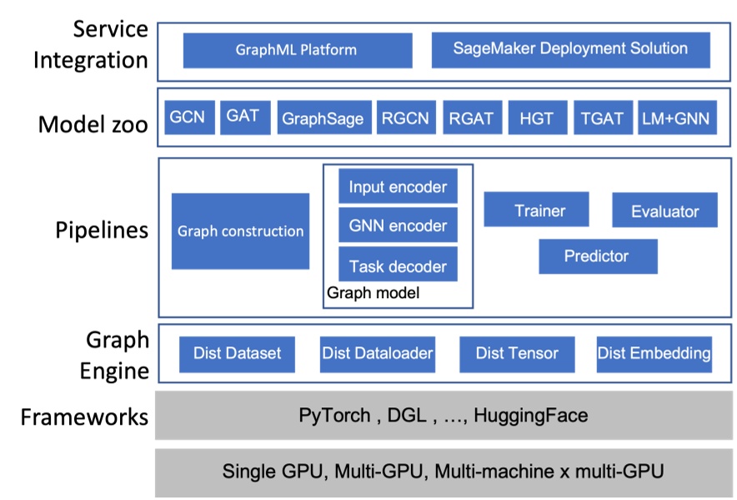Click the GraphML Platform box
pos(297,50)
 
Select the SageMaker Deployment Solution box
pos(570,50)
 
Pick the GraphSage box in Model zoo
pos(323,119)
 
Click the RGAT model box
pos(471,119)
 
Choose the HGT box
pos(536,119)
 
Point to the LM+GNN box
pos(675,119)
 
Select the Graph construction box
pos(240,231)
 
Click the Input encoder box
pos(398,186)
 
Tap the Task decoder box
pos(398,266)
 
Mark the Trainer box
pos(536,210)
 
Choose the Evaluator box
pos(664,210)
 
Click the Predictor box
pos(597,256)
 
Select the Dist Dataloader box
pos(378,354)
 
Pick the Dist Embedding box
pos(654,354)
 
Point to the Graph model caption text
pos(373,293)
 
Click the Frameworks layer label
pos(84,417)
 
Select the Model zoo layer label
pos(93,125)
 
